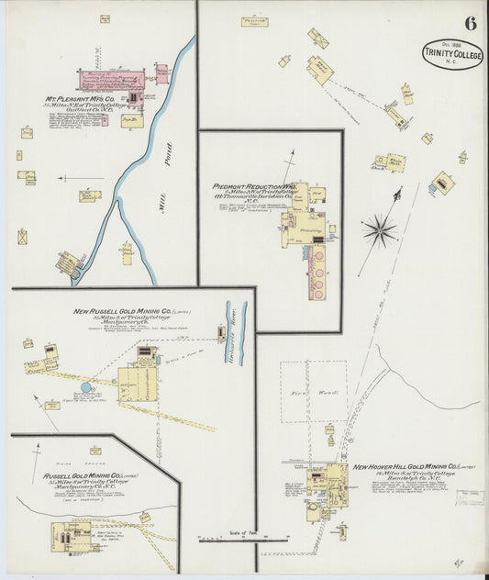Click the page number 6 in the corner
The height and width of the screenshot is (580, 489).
pyautogui.click(x=469, y=22)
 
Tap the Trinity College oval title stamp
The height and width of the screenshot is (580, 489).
pyautogui.click(x=453, y=54)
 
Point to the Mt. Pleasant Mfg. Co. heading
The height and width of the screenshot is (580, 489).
pyautogui.click(x=81, y=99)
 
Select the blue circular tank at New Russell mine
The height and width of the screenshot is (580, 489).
pyautogui.click(x=86, y=387)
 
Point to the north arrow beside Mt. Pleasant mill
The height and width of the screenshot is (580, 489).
pyautogui.click(x=81, y=178)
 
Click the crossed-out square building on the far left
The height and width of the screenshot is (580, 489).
pyautogui.click(x=22, y=237)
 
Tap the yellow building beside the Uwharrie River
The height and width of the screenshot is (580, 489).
pyautogui.click(x=221, y=334)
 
